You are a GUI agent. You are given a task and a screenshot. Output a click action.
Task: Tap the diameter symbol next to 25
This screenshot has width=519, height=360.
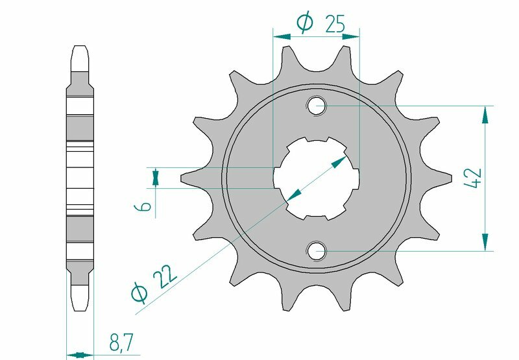click(305, 23)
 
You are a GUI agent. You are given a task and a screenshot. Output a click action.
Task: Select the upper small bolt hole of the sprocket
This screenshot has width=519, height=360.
click(317, 106)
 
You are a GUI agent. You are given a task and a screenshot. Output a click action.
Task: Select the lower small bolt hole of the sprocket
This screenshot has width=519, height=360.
click(317, 250)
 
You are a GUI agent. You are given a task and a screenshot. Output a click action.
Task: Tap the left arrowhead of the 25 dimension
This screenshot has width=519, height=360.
click(280, 37)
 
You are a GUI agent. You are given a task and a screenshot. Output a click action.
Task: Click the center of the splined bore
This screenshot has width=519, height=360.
click(317, 178)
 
